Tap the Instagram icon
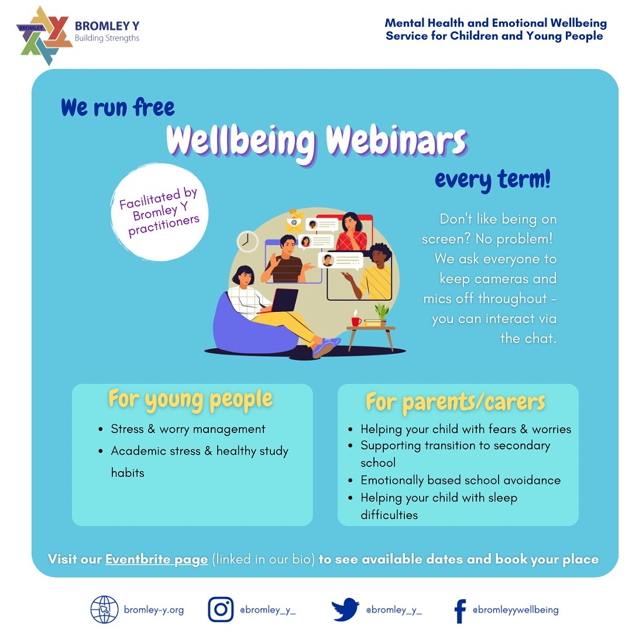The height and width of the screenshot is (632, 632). pos(221,609)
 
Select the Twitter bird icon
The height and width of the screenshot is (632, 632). pos(345,609)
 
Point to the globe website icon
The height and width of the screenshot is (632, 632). pos(104,609)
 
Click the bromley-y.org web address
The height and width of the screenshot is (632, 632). pos(153,610)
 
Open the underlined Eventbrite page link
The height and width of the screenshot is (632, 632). pos(156,559)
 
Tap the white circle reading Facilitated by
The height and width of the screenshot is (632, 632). pos(160,212)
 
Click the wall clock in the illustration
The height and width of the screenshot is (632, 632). pos(247,241)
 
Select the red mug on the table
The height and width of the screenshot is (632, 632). pos(356,321)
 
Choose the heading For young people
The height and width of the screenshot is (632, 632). pos(190,400)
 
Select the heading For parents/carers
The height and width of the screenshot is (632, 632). pos(455,402)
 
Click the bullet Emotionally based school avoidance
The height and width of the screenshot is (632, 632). pos(461,480)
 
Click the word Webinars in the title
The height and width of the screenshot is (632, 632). pos(396,141)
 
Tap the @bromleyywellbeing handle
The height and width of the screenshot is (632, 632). pos(516,610)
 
